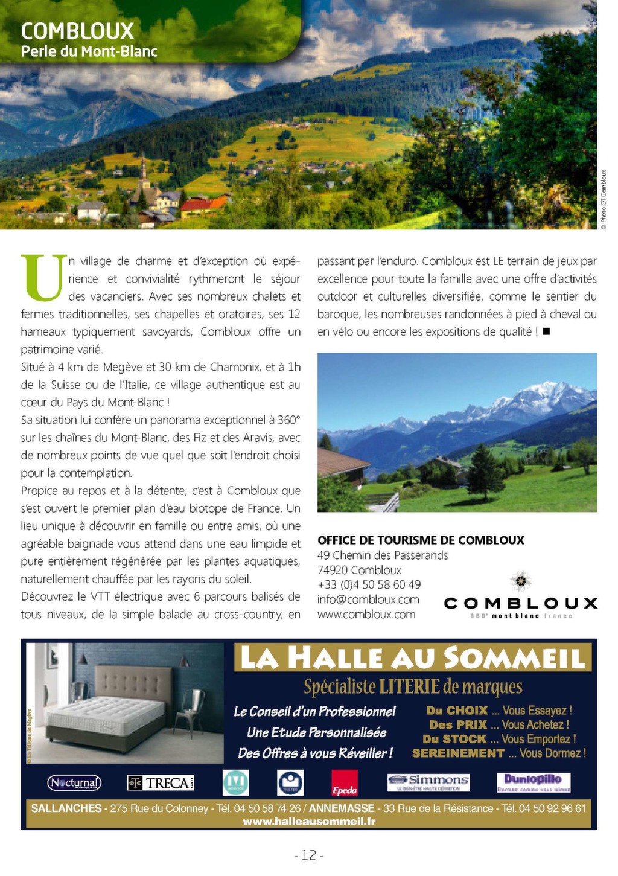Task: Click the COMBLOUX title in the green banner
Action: (x=77, y=31)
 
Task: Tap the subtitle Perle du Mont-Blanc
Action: (x=89, y=51)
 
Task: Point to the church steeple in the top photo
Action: (x=144, y=172)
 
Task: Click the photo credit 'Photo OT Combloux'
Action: (x=604, y=199)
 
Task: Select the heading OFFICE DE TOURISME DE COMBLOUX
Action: (x=421, y=540)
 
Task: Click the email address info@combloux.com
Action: (x=368, y=599)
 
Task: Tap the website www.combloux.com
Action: (x=366, y=615)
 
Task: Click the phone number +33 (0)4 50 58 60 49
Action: (x=369, y=584)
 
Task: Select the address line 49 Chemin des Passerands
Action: (x=383, y=555)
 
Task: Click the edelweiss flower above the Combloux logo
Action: (x=520, y=581)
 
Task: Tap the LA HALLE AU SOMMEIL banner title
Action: (x=413, y=658)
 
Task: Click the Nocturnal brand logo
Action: (x=74, y=783)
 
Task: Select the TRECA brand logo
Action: (x=161, y=783)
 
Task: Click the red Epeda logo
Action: (x=345, y=784)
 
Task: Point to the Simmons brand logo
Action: (x=428, y=782)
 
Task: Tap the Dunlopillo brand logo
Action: (x=533, y=782)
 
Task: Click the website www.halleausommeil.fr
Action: (x=309, y=822)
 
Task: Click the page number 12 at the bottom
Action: (x=309, y=855)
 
